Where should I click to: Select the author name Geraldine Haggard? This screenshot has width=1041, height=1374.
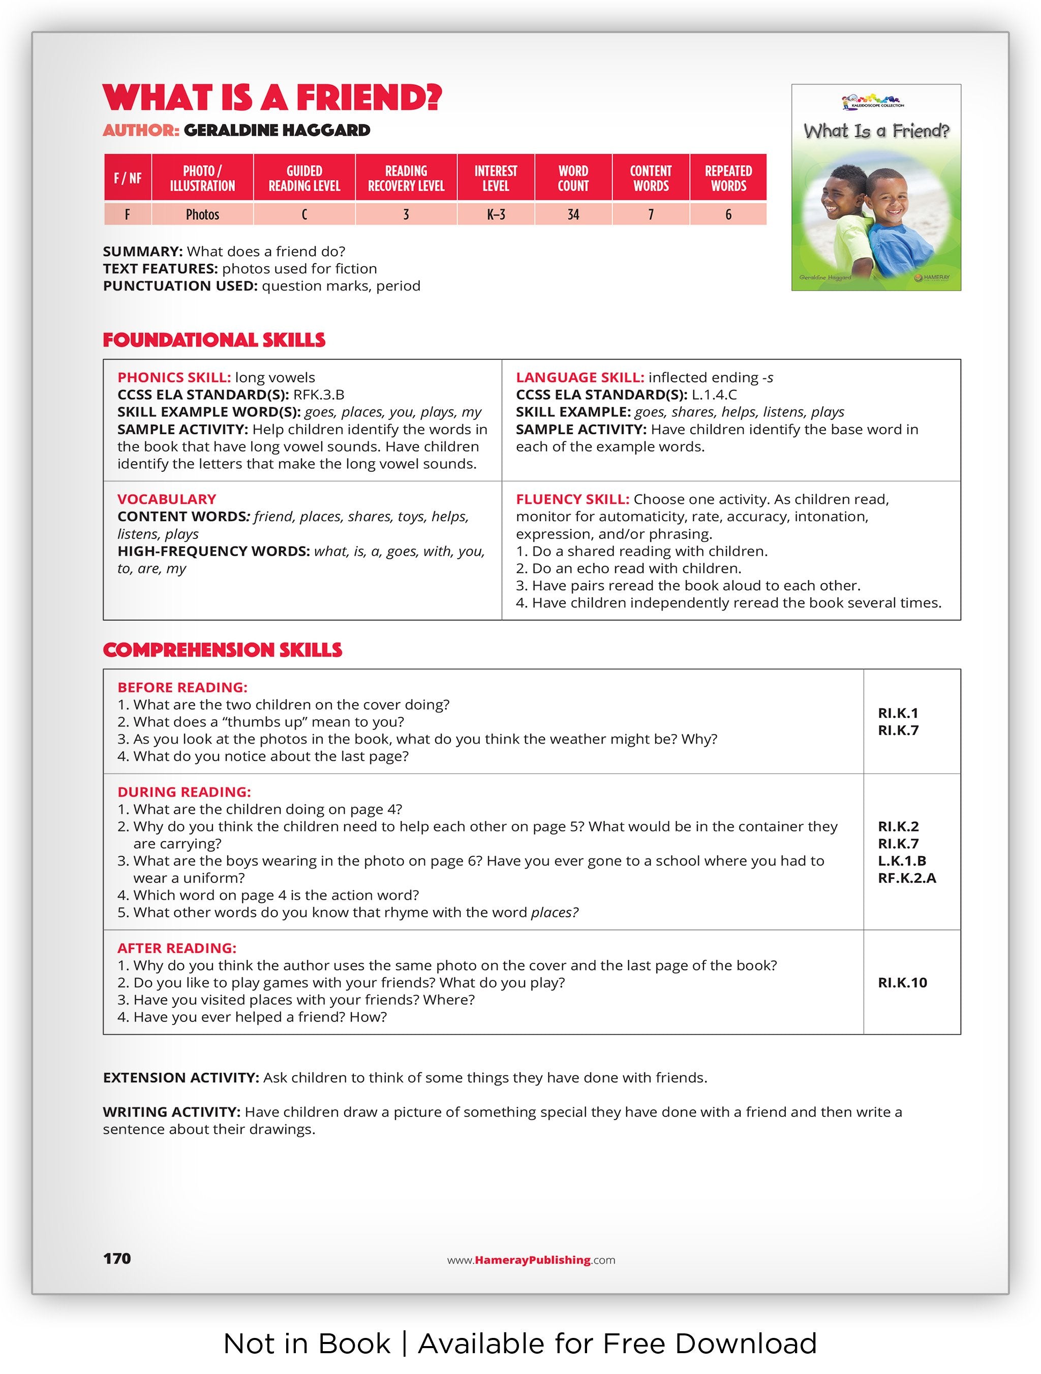click(277, 131)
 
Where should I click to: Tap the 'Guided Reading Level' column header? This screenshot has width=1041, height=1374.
click(304, 178)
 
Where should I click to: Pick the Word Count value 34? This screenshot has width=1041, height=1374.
click(573, 215)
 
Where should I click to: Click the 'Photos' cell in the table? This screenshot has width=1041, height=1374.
click(203, 215)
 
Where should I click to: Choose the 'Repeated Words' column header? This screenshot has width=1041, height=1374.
click(728, 178)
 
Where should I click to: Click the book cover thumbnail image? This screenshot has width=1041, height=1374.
click(876, 187)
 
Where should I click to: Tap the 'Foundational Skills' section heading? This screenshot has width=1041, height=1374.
click(214, 340)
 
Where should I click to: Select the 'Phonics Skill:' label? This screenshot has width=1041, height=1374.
click(174, 378)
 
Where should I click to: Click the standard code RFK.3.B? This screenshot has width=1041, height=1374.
click(319, 395)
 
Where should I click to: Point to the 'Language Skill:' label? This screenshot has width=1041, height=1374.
click(580, 378)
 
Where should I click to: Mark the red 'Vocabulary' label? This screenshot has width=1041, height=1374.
click(167, 499)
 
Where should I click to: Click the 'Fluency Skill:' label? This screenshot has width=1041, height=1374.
click(572, 499)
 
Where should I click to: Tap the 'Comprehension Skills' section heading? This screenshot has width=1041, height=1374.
click(223, 650)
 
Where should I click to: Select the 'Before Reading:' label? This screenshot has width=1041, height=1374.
click(182, 688)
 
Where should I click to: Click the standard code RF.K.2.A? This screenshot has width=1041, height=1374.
click(907, 878)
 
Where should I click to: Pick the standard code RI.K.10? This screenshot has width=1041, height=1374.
click(902, 983)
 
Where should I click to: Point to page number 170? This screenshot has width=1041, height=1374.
click(117, 1259)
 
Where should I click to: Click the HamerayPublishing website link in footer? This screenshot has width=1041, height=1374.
click(531, 1260)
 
